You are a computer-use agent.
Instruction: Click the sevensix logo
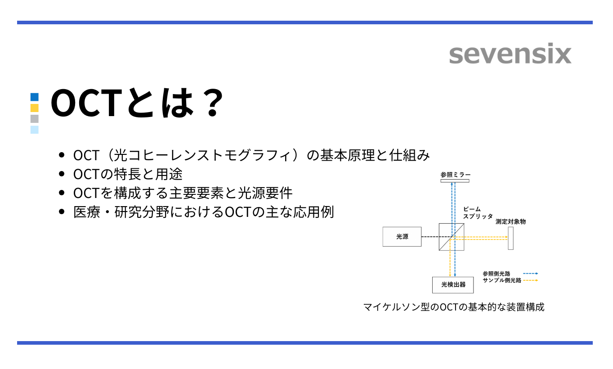[x=510, y=54]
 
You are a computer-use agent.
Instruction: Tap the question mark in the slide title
[x=211, y=103]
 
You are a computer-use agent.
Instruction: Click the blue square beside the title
[x=35, y=97]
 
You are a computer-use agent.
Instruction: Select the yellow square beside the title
[x=35, y=108]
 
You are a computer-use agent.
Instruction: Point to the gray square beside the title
[x=35, y=119]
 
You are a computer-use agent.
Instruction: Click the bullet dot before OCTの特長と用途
[x=62, y=174]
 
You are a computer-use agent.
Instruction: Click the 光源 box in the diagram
[x=402, y=237]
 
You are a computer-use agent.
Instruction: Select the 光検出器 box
[x=453, y=285]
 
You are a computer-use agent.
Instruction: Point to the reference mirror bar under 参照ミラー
[x=455, y=181]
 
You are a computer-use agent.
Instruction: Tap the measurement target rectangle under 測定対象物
[x=510, y=238]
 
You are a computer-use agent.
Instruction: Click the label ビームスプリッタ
[x=478, y=213]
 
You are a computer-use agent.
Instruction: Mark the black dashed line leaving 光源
[x=430, y=237]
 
